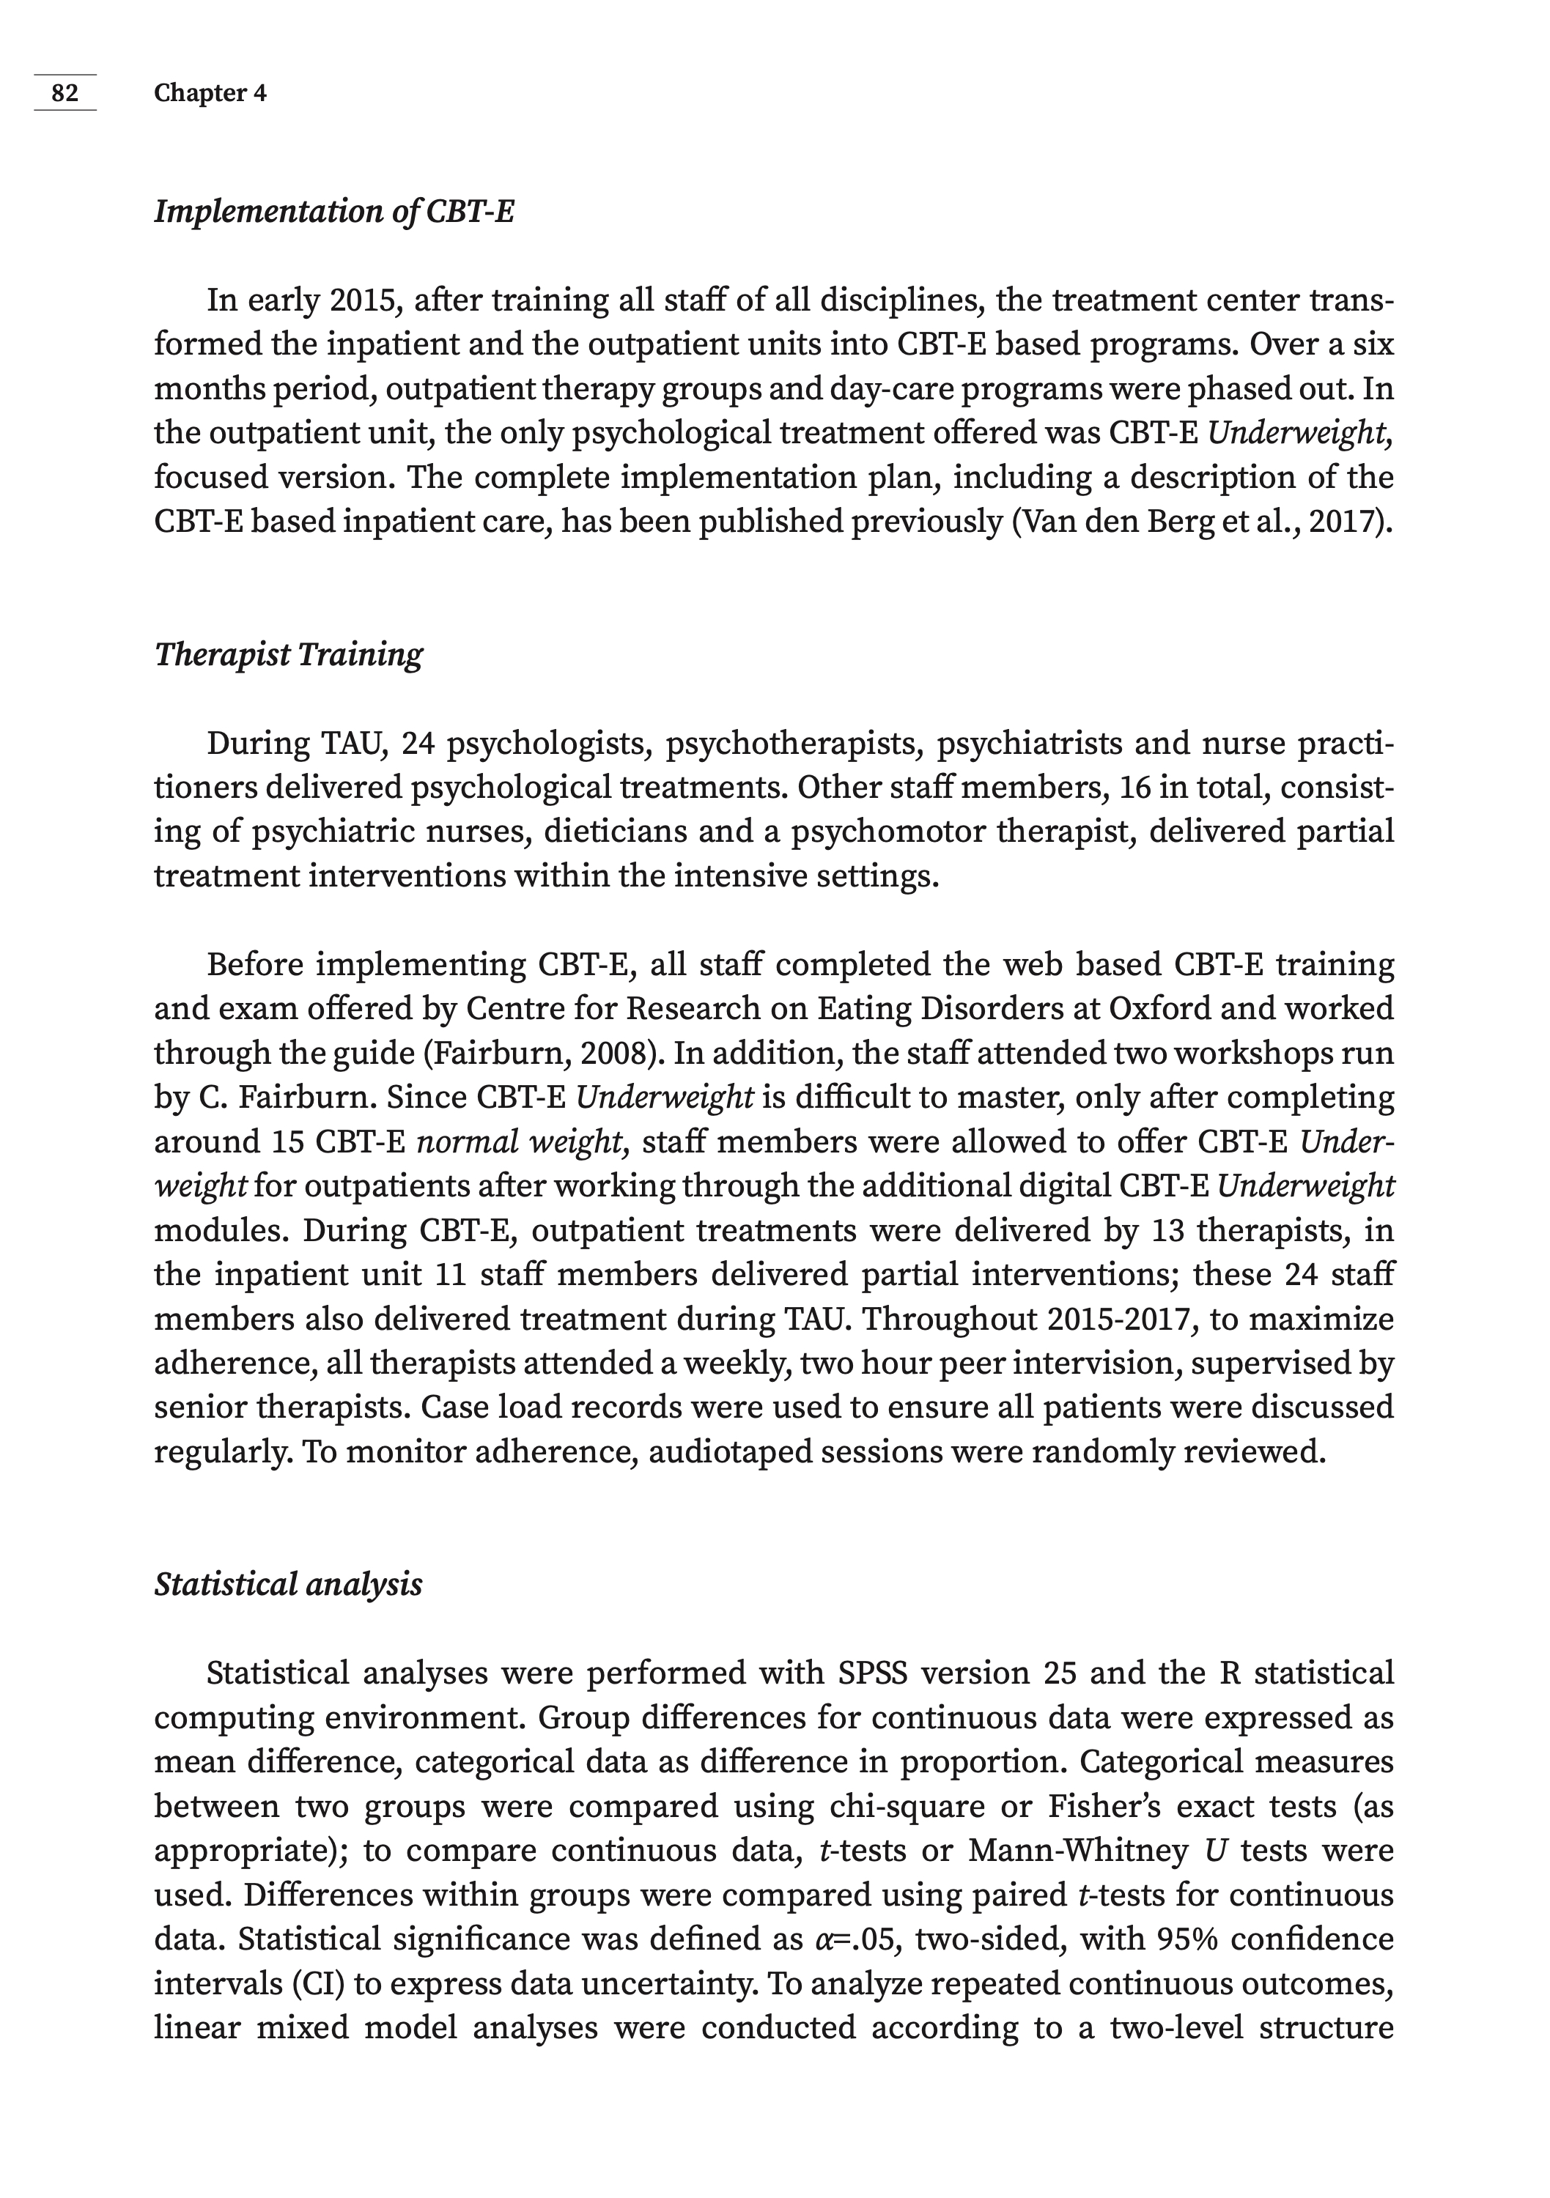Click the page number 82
click(x=65, y=93)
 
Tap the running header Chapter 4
click(x=210, y=93)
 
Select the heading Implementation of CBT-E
click(x=334, y=212)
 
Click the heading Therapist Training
click(x=288, y=655)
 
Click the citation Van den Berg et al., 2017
click(x=1197, y=522)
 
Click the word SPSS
click(x=878, y=1673)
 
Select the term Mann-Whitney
click(x=1078, y=1851)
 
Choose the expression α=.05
click(x=856, y=1939)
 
